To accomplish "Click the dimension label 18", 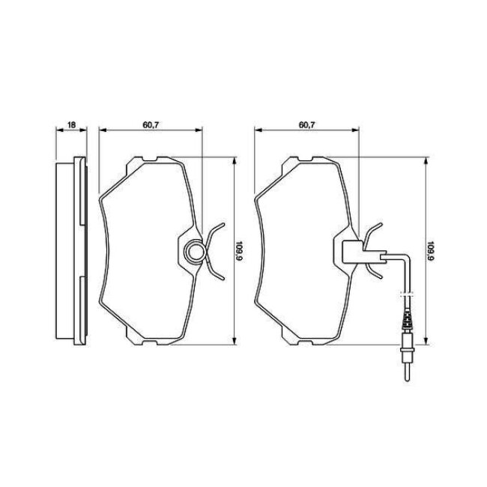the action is (71, 125).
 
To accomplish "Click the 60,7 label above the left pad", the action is (151, 125).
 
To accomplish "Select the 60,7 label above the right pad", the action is (307, 125).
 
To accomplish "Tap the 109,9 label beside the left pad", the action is (239, 251).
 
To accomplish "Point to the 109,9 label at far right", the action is (431, 251).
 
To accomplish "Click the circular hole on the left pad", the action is (195, 251).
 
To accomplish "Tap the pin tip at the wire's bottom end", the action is (408, 380).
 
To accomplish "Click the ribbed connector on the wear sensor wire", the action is (407, 321).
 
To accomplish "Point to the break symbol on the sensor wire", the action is (407, 294).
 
